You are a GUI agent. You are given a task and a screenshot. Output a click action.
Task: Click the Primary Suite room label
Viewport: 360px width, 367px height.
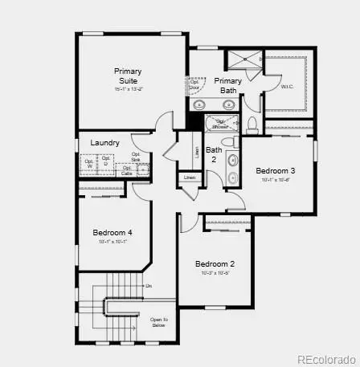pos(127,76)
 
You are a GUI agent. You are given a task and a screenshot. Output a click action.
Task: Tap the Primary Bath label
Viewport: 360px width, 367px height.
pos(227,85)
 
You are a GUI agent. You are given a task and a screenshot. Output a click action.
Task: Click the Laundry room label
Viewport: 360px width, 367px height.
pos(105,143)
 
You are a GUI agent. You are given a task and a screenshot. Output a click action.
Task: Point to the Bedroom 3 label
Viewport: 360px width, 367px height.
pos(276,170)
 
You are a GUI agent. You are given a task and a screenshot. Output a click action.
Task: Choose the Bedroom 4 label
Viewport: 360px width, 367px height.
pos(112,233)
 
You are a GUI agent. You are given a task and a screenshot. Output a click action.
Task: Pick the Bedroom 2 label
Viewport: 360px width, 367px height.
pos(215,264)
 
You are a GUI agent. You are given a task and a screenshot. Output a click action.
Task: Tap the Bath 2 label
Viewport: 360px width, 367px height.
pos(214,154)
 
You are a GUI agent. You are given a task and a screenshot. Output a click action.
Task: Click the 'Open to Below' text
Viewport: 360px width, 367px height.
pos(158,322)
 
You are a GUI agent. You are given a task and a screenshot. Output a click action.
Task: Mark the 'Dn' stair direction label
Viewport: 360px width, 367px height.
pos(148,286)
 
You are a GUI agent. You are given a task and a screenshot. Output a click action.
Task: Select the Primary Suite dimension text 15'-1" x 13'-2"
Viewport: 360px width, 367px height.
pos(127,89)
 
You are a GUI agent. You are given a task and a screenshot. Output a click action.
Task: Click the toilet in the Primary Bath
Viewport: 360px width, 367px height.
pos(252,123)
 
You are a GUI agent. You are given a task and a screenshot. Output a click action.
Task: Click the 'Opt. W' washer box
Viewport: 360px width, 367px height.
pos(88,164)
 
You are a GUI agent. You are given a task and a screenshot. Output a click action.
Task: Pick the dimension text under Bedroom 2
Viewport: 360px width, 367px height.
pos(215,274)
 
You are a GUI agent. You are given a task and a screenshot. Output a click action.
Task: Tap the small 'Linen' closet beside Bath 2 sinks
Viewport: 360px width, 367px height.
pos(190,177)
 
